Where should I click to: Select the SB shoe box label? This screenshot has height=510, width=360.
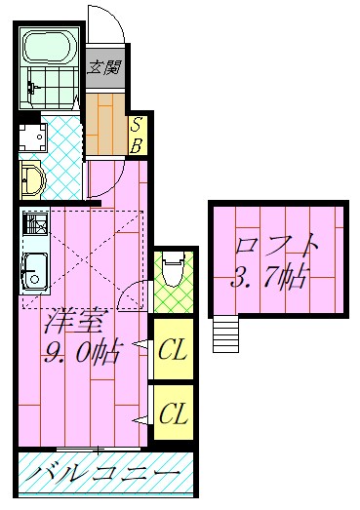pyautogui.click(x=138, y=135)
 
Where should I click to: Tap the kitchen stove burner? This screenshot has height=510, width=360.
pyautogui.click(x=34, y=227)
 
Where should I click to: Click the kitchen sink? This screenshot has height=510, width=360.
pyautogui.click(x=35, y=269)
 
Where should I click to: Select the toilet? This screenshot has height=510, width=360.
pyautogui.click(x=172, y=268)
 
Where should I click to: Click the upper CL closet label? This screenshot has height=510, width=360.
pyautogui.click(x=173, y=348)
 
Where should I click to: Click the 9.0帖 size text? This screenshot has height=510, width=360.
pyautogui.click(x=80, y=350)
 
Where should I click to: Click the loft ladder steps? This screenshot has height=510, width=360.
pyautogui.click(x=225, y=335)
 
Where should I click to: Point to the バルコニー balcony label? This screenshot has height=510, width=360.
pyautogui.click(x=102, y=476)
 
